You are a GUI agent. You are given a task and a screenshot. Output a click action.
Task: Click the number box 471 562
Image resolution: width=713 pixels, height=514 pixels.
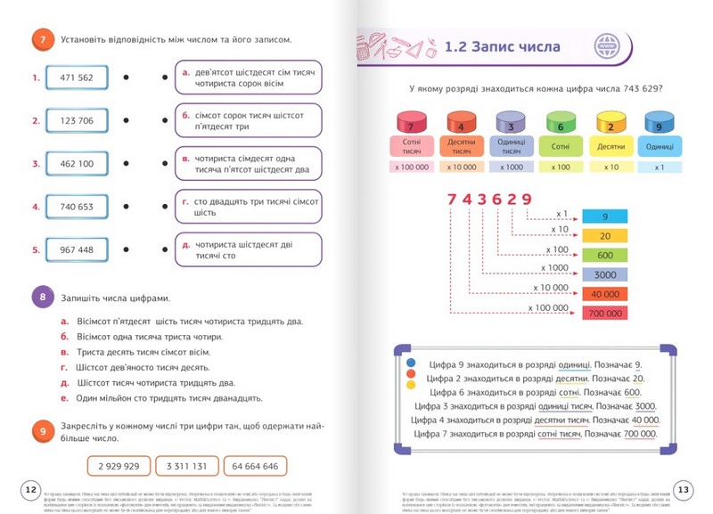[77, 78]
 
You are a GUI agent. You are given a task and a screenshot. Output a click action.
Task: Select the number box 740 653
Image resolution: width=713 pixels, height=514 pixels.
[77, 208]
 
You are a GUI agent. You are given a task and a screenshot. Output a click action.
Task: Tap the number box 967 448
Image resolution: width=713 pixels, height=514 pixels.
[77, 250]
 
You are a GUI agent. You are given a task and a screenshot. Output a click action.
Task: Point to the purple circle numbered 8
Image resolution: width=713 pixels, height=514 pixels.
[41, 297]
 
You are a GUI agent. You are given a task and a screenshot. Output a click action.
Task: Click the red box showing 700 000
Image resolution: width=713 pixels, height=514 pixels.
[606, 313]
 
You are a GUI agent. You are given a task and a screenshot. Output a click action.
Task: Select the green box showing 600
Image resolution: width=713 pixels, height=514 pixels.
[606, 255]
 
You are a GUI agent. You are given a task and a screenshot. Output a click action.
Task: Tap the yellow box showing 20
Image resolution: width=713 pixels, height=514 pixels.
[606, 235]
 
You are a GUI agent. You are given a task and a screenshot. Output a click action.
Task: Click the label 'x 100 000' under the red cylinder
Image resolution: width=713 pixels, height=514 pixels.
[409, 167]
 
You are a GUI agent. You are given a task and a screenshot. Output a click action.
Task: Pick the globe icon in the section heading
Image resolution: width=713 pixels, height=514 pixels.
[609, 46]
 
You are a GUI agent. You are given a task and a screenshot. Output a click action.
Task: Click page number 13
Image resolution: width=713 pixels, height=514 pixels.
[684, 491]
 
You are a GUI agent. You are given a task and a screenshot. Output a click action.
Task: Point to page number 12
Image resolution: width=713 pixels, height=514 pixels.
[29, 491]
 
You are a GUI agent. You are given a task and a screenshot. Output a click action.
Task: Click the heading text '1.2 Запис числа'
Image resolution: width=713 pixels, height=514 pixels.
[502, 47]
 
